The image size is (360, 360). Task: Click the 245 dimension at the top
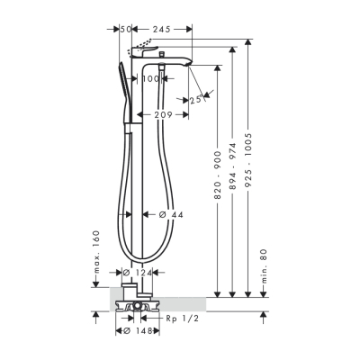[x=162, y=30]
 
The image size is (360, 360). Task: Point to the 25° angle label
[x=196, y=100]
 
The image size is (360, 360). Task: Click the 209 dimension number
[x=164, y=114]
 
